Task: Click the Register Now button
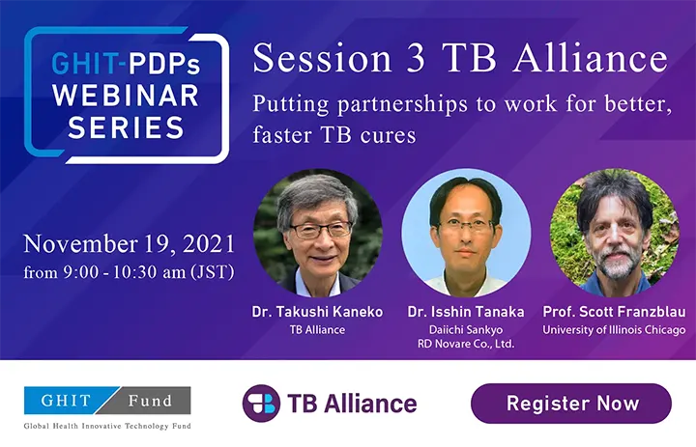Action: tap(571, 404)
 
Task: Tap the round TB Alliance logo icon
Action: tap(261, 404)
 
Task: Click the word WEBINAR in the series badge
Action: tap(126, 96)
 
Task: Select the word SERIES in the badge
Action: tap(126, 127)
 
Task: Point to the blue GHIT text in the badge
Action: tap(85, 64)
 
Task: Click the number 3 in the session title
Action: tap(416, 59)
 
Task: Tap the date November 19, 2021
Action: tap(130, 244)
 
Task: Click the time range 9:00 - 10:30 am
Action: tap(125, 272)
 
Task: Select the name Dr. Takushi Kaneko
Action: tap(317, 312)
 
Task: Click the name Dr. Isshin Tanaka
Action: tap(466, 312)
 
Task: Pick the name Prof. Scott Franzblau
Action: tap(614, 312)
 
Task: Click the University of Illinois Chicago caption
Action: tap(614, 330)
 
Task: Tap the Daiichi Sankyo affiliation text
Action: tap(466, 330)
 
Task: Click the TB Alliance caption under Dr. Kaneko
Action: tap(317, 330)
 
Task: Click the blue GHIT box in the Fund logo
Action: tap(67, 401)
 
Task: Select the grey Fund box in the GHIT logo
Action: tap(149, 401)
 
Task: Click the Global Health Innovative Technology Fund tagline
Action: tap(107, 426)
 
